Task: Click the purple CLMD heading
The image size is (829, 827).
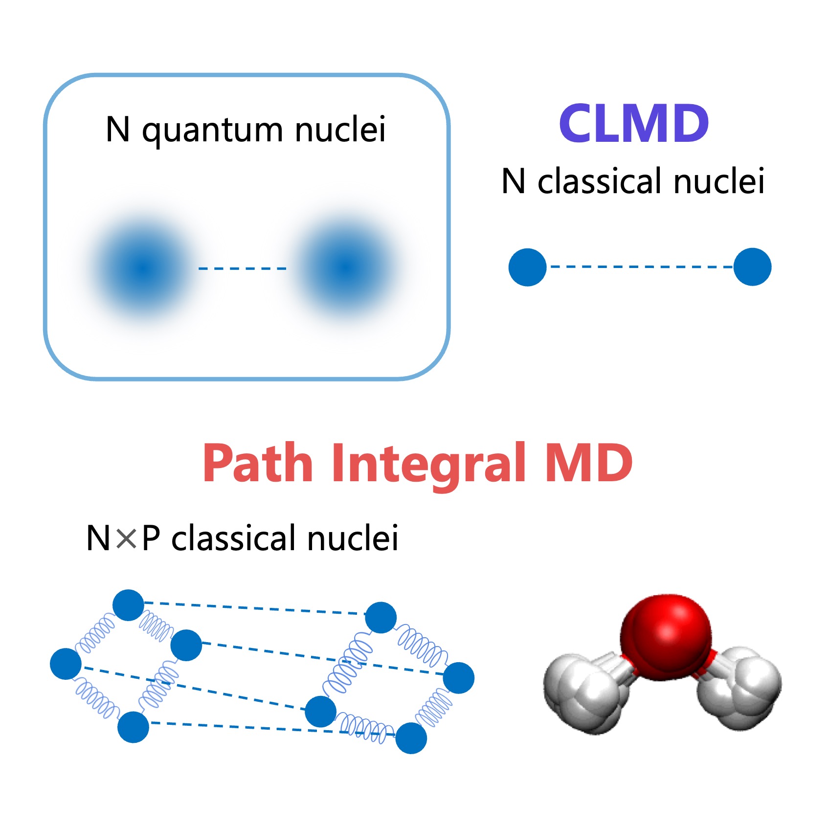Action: point(634,123)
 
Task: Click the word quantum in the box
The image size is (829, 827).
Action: point(212,131)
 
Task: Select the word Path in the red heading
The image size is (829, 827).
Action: point(258,462)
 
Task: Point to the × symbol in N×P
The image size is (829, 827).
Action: point(126,538)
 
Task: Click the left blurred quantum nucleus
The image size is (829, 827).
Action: point(143,268)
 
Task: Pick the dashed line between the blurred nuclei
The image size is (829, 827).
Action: point(242,268)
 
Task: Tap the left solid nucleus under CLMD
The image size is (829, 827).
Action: point(527,267)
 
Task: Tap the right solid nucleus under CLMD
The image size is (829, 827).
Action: point(752,267)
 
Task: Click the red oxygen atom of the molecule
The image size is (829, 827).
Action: point(666,638)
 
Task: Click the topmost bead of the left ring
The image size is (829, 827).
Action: point(128,605)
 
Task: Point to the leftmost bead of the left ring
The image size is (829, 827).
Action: point(66,664)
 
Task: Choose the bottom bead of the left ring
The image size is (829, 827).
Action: point(133,727)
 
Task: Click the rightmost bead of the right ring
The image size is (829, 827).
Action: point(458,678)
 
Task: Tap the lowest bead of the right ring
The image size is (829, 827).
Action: point(411,738)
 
